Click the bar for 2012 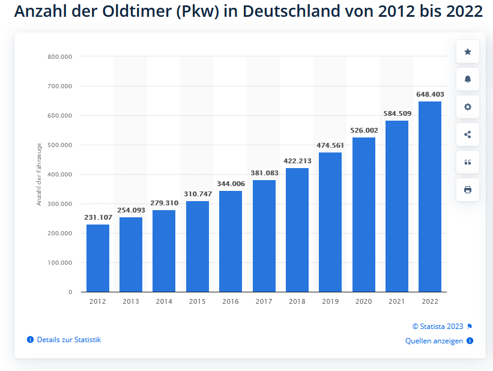click(98, 258)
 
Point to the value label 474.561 click(330, 145)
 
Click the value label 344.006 click(231, 184)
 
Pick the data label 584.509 click(396, 113)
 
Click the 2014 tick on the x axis click(164, 301)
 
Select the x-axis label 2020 click(363, 301)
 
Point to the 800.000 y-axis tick click(59, 56)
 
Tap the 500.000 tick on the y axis click(59, 145)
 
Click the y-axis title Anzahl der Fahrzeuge click(39, 174)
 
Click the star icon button click(468, 52)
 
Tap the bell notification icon click(468, 79)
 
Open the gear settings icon click(468, 107)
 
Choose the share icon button click(468, 134)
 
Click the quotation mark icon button click(468, 162)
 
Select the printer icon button click(468, 190)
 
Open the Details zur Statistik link click(68, 340)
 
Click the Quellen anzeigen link click(434, 341)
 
